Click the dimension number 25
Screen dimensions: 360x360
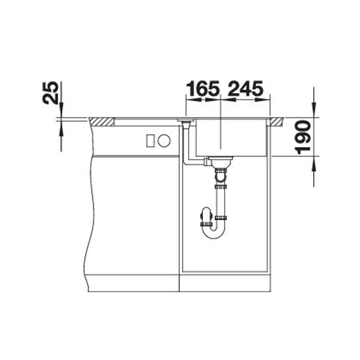(50, 93)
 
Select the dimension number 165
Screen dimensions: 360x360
(203, 89)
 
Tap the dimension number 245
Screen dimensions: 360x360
(245, 89)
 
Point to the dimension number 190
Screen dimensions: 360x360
(302, 137)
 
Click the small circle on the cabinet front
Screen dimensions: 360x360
(164, 140)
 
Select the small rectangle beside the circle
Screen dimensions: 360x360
(150, 140)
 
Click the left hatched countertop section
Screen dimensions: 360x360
(101, 122)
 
